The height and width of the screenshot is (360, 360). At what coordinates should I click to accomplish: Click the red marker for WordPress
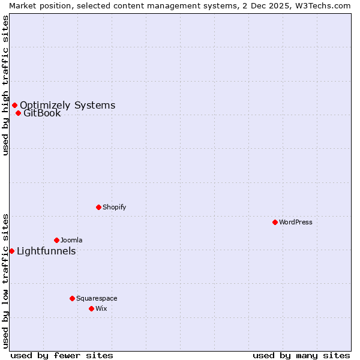[275, 222]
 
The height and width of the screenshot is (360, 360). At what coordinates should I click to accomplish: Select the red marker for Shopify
[98, 207]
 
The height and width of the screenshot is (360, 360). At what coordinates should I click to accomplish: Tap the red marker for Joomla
[56, 240]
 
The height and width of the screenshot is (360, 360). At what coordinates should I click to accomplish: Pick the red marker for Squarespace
[72, 298]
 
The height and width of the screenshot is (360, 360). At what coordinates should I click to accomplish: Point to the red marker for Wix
[91, 308]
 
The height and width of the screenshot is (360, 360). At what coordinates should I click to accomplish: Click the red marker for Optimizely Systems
[14, 106]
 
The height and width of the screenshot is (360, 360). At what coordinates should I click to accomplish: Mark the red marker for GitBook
[18, 113]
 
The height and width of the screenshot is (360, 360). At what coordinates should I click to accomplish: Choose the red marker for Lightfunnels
[11, 251]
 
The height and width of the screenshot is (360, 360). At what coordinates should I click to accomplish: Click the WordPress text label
[296, 222]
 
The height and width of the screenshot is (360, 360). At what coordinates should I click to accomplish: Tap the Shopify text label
[114, 207]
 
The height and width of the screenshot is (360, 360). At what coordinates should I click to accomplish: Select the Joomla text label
[71, 240]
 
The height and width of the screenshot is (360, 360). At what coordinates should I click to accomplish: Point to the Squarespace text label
[97, 298]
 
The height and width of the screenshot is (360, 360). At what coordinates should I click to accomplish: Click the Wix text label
[101, 308]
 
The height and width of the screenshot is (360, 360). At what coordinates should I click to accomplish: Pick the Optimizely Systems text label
[67, 106]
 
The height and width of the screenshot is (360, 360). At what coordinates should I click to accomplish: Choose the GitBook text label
[42, 113]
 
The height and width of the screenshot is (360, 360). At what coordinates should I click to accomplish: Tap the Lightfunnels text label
[46, 251]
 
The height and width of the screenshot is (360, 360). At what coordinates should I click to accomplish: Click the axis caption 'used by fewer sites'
[62, 355]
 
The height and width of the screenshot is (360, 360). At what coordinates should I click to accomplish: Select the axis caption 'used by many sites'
[301, 355]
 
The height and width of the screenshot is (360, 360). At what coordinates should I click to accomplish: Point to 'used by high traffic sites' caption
[5, 85]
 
